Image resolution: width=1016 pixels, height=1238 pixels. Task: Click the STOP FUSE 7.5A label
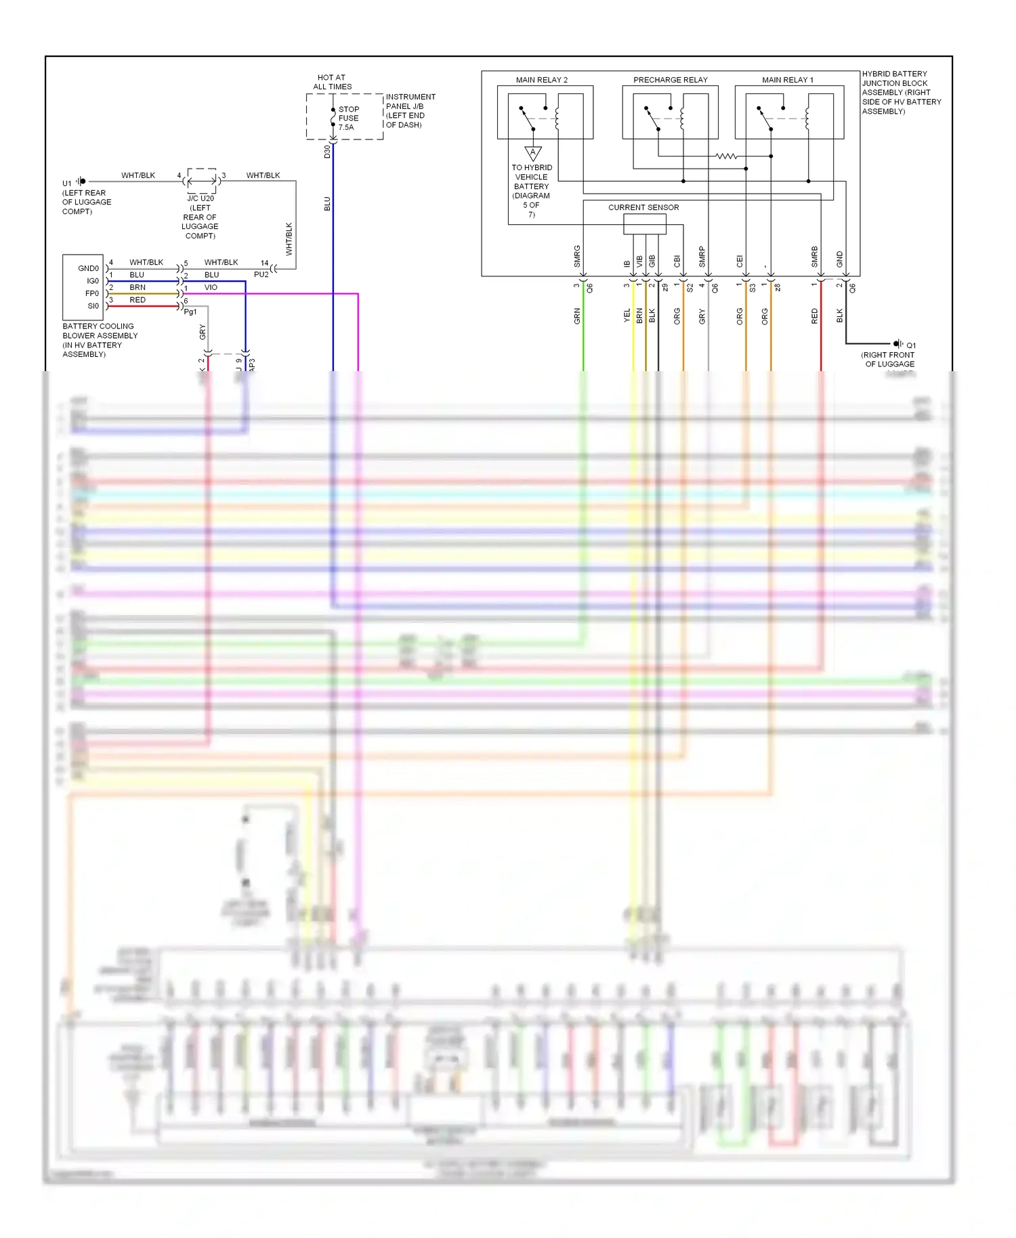348,118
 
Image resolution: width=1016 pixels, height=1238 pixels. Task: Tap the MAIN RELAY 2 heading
541,80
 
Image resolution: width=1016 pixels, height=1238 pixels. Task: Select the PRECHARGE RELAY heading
670,80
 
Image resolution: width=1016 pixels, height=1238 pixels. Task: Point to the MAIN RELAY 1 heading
787,80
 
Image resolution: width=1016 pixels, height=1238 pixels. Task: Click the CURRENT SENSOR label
643,207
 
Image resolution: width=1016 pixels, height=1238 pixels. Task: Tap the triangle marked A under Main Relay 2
533,153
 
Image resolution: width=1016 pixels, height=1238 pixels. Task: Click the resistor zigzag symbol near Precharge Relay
726,156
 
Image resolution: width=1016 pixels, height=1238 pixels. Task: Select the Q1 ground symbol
898,344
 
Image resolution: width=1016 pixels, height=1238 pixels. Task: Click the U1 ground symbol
81,181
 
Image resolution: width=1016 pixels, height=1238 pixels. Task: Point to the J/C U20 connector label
200,198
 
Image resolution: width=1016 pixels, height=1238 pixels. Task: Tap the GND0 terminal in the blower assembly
88,268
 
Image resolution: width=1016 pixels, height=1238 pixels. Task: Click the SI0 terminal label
93,306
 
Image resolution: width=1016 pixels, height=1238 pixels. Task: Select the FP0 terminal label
91,293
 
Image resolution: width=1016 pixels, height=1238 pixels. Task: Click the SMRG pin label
577,256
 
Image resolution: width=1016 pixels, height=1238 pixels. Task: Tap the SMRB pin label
814,256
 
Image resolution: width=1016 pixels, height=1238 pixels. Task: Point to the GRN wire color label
577,316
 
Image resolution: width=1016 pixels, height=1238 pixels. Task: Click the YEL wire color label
627,315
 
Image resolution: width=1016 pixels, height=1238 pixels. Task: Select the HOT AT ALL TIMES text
332,82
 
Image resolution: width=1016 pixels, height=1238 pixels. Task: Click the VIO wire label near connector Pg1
211,287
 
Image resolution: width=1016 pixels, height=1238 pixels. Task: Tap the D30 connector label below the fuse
327,152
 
